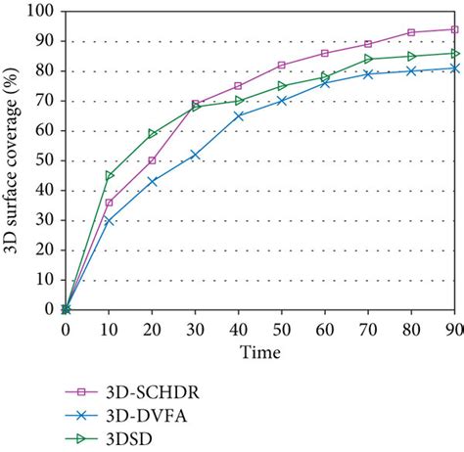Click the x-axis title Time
pos(260,350)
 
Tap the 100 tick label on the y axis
pos(43,12)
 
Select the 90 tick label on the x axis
pos(454,328)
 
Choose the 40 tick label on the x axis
pos(238,328)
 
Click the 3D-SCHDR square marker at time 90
pos(454,29)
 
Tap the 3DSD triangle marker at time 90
pos(454,54)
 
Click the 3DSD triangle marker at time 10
pos(109,175)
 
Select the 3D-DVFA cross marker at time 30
pos(195,155)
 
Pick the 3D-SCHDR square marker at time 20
pos(152,160)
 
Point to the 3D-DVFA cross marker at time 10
pos(109,221)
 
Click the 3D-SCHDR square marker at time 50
pos(282,66)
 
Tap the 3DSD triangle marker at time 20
pos(152,134)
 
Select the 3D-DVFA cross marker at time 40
pos(238,115)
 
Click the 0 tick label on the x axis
pos(66,328)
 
